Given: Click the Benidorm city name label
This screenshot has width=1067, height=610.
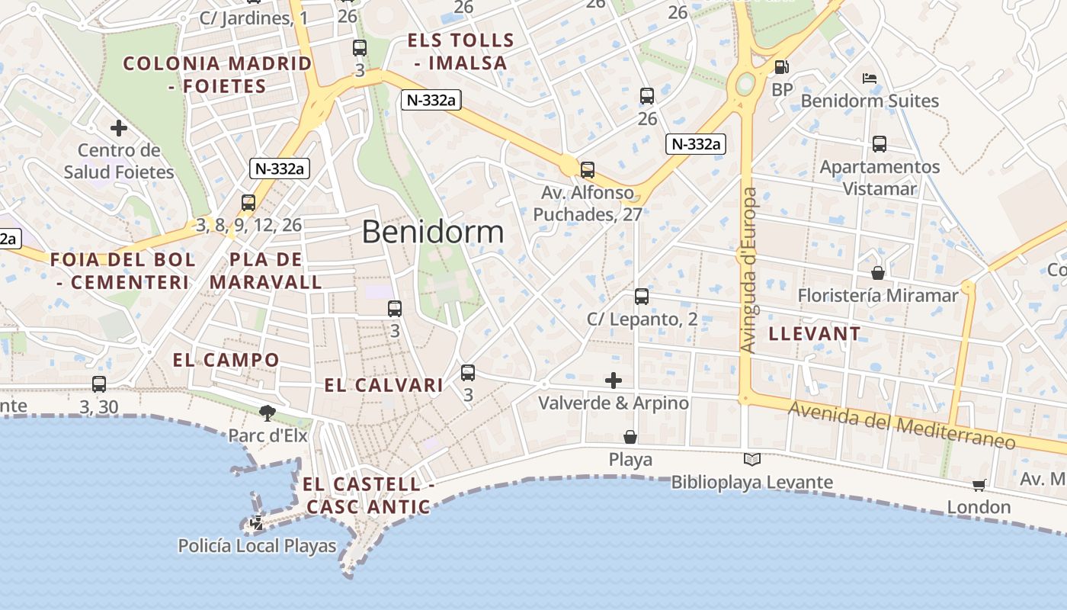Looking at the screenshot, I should [433, 232].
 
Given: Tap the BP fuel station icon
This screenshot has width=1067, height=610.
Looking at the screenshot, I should [781, 67].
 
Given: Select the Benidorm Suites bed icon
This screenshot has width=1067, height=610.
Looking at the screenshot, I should [870, 78].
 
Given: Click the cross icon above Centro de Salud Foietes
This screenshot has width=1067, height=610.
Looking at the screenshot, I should [119, 127].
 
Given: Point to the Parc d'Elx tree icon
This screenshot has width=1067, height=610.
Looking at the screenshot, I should [267, 413].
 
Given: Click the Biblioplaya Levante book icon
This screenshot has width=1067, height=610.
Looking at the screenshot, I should [752, 459].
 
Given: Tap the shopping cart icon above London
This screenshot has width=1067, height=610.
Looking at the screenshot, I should [979, 485].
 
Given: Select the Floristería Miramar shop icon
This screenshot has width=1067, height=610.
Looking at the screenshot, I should [878, 272].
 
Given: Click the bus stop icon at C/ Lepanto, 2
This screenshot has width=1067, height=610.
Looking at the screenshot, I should [642, 297].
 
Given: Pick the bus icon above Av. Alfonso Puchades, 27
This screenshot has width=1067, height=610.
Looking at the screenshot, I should [588, 170].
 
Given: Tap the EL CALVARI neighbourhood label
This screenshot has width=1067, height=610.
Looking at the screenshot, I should [383, 385].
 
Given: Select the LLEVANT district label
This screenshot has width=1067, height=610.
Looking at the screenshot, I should [815, 333].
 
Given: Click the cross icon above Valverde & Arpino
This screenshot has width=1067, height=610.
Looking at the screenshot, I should [614, 380].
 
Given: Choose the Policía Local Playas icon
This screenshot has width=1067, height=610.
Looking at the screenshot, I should [257, 523].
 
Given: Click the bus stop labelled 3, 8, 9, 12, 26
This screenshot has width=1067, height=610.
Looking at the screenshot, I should [248, 203].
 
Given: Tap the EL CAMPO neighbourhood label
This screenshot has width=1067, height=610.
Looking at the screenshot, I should [226, 360].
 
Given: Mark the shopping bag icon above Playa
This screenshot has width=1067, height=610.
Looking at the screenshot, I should [630, 437].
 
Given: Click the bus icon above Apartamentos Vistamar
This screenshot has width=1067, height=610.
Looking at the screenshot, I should [880, 143].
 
